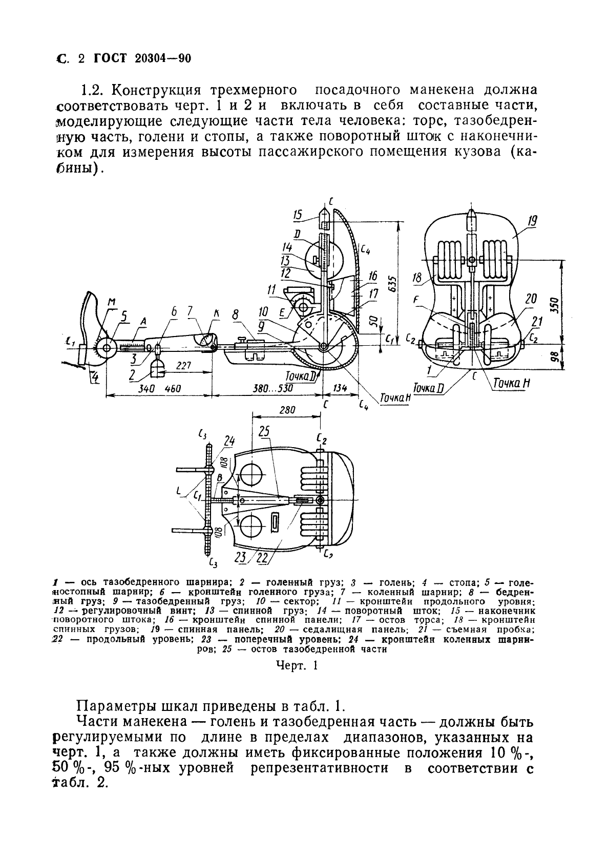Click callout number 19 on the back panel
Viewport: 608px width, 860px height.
(533, 222)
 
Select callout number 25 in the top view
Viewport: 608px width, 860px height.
(264, 431)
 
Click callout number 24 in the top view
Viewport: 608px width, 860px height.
(229, 440)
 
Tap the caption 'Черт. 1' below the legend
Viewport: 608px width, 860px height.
(297, 665)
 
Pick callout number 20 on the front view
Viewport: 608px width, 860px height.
(531, 299)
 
